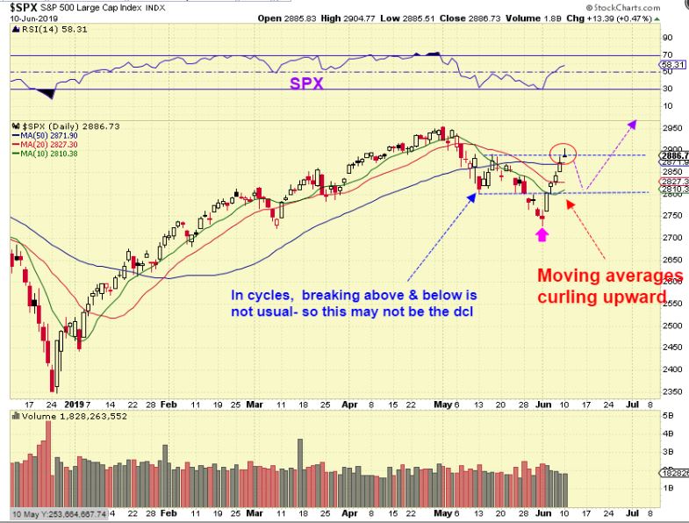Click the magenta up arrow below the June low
tap(542, 234)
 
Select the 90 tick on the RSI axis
tap(666, 38)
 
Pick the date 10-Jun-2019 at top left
tap(31, 18)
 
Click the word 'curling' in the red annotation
tap(572, 297)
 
